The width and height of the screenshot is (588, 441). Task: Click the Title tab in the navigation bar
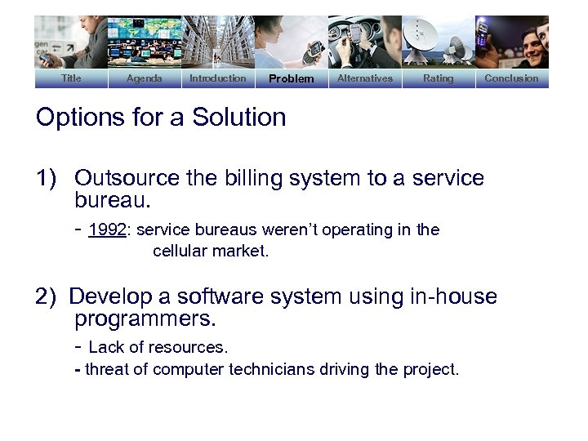click(71, 78)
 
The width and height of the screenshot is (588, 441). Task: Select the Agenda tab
click(145, 78)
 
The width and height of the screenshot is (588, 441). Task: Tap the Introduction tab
click(217, 78)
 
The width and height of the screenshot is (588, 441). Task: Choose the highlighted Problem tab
click(292, 79)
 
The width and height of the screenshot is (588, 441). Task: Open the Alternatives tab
click(365, 78)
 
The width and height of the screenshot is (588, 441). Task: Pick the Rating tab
click(439, 78)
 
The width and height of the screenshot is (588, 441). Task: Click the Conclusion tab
click(511, 78)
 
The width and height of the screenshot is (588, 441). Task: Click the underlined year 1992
click(107, 230)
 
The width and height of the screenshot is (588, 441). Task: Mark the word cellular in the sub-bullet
click(181, 252)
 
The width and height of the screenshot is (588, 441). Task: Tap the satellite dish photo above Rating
click(439, 42)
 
